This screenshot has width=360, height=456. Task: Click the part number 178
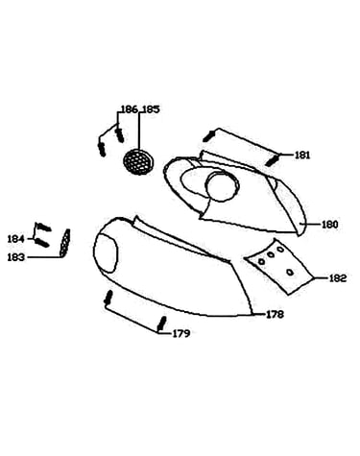pyautogui.click(x=275, y=315)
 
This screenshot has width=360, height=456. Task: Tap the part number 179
pyautogui.click(x=181, y=333)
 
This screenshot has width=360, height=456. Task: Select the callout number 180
pyautogui.click(x=329, y=225)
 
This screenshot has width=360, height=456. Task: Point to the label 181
pyautogui.click(x=302, y=156)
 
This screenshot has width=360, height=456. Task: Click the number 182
pyautogui.click(x=338, y=278)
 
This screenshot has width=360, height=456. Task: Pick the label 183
pyautogui.click(x=16, y=257)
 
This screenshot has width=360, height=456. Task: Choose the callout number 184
pyautogui.click(x=16, y=239)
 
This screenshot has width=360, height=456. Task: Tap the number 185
pyautogui.click(x=151, y=109)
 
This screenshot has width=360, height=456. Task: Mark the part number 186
pyautogui.click(x=130, y=109)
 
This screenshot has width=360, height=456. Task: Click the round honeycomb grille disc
pyautogui.click(x=138, y=162)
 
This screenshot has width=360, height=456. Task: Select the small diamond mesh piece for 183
pyautogui.click(x=65, y=243)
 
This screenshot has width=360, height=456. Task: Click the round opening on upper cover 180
pyautogui.click(x=223, y=186)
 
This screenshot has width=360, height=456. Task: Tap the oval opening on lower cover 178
pyautogui.click(x=106, y=253)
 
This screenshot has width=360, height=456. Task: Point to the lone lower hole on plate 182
pyautogui.click(x=290, y=273)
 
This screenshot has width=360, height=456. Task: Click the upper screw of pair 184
pyautogui.click(x=43, y=227)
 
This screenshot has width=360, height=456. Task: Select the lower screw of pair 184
pyautogui.click(x=41, y=242)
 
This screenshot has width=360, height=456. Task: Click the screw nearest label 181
pyautogui.click(x=272, y=160)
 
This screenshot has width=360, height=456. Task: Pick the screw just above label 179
pyautogui.click(x=161, y=324)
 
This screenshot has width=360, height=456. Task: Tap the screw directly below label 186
pyautogui.click(x=120, y=135)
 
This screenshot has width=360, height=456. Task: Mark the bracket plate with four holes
pyautogui.click(x=277, y=266)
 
